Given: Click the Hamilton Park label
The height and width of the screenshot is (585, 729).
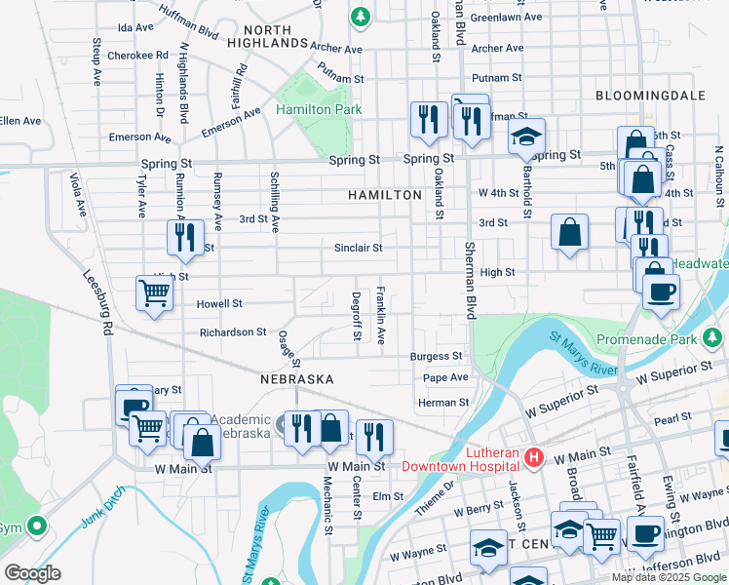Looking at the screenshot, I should (319, 110).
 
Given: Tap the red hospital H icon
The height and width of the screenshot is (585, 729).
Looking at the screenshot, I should (533, 456).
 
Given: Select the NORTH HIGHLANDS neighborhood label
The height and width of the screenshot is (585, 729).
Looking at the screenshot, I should (268, 37).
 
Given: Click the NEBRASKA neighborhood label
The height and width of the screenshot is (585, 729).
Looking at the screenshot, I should (297, 378).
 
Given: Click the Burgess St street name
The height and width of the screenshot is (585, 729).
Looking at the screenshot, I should (436, 357).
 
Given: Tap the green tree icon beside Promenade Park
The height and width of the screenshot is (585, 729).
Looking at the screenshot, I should (714, 338).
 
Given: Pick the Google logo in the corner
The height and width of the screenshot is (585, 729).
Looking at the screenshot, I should (31, 573).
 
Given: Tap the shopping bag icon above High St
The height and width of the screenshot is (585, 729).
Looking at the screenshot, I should (570, 233).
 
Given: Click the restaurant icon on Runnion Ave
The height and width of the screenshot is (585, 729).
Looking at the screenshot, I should (183, 237).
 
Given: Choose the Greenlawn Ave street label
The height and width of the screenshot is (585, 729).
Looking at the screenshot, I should (506, 18).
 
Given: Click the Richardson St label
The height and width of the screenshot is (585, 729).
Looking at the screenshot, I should (233, 332).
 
